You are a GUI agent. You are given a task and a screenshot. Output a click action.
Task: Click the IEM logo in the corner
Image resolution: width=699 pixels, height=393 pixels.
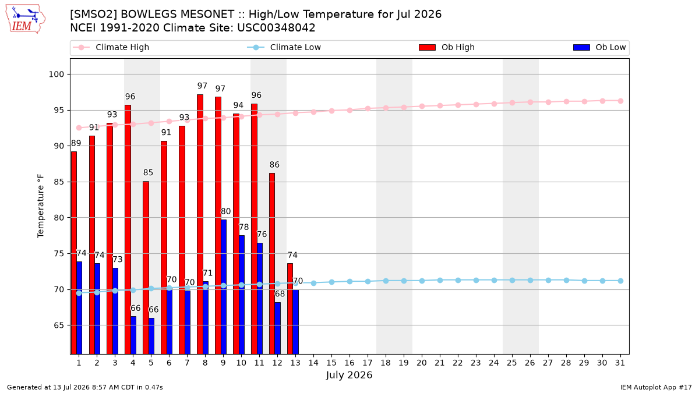coord(25,19)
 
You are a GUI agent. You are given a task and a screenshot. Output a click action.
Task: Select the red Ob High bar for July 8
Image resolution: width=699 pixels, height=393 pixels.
coord(200,224)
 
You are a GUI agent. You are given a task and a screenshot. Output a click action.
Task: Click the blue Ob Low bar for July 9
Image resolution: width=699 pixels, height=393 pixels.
coord(224,287)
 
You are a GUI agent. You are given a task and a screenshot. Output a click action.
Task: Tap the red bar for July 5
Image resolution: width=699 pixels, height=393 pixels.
coord(146,268)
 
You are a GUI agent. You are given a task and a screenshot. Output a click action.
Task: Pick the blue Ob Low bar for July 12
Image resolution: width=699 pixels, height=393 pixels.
coord(278,328)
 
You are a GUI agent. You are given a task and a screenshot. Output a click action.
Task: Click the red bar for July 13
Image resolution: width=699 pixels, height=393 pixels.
coord(290,309)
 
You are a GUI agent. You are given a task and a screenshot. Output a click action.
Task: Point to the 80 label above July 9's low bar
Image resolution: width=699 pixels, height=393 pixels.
coord(225,211)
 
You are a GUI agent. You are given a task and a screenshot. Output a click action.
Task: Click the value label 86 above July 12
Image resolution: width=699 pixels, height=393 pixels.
coord(274,165)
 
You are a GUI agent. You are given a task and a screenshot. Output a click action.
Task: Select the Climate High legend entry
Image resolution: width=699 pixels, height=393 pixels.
coord(111,47)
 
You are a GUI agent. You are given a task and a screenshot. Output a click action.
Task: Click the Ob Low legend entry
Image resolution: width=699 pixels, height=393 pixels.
coord(599,47)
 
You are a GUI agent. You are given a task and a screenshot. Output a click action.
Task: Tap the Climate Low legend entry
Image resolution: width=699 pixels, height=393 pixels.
coord(284,47)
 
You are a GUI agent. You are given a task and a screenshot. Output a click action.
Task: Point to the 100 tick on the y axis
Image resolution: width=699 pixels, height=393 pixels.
coord(56,75)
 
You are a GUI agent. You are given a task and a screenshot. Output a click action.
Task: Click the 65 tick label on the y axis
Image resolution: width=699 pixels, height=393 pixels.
coord(59,325)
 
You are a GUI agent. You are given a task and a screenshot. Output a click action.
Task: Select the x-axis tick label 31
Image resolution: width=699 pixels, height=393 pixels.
coord(620,363)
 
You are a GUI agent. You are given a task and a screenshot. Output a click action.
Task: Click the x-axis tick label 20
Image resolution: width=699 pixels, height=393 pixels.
coord(422,363)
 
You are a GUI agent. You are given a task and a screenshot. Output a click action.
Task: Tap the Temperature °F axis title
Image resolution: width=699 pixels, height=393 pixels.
coord(41,206)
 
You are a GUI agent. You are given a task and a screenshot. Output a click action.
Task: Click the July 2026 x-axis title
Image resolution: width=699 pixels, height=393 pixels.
coord(349,375)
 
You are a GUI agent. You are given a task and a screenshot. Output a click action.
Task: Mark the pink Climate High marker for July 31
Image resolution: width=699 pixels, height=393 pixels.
coord(620,101)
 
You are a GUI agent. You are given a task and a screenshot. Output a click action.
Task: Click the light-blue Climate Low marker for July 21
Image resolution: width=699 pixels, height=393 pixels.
coord(440,281)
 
